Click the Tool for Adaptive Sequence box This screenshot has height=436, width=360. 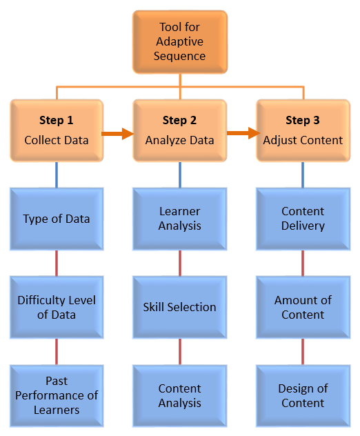tap(179, 41)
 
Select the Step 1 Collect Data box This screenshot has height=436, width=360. tap(57, 130)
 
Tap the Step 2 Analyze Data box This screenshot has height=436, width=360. tap(179, 130)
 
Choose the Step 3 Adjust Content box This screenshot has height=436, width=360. tap(303, 130)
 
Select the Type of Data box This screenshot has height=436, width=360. tap(57, 219)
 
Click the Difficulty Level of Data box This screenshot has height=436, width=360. tap(57, 307)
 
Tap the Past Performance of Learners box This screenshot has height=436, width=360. tap(57, 395)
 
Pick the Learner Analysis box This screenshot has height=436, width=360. tap(179, 219)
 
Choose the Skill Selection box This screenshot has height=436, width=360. tap(179, 307)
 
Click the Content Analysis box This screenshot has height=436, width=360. tap(179, 395)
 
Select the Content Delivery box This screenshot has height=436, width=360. tap(303, 219)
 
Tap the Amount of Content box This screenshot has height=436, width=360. tap(303, 307)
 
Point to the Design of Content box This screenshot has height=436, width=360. tap(303, 395)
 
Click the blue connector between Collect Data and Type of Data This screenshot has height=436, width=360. tap(57, 175)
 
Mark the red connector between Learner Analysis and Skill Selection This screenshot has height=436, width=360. tap(180, 263)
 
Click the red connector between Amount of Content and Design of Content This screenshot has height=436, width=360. tap(303, 351)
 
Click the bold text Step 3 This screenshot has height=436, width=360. tap(303, 120)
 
